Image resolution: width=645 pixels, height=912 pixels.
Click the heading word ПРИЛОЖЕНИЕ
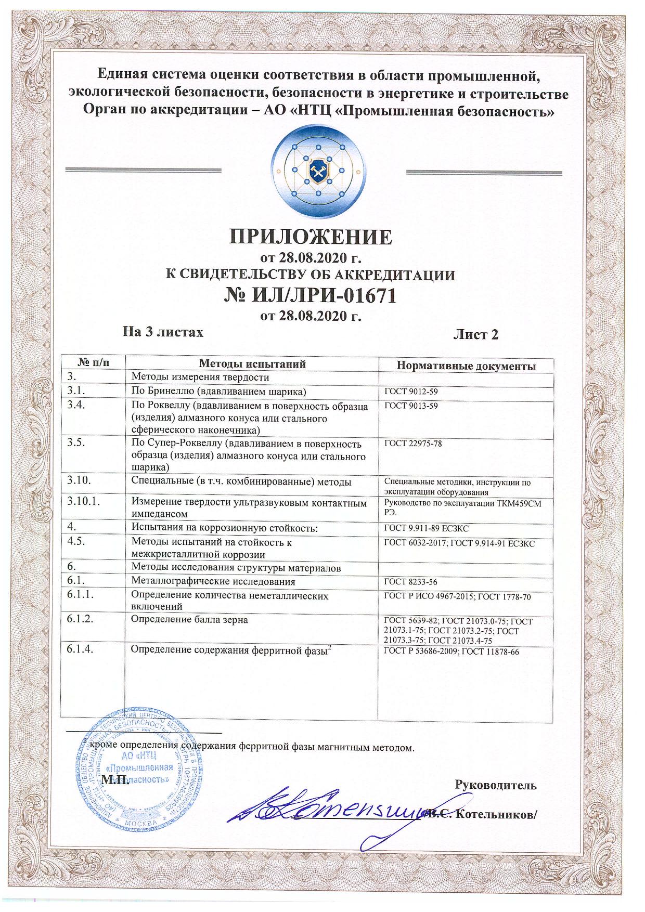tap(311, 237)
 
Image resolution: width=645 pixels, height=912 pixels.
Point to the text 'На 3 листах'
tap(162, 331)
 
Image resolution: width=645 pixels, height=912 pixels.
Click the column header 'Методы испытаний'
tap(252, 363)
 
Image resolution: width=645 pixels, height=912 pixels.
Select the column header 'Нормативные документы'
tap(466, 366)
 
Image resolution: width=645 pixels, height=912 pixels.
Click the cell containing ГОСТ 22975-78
tap(413, 444)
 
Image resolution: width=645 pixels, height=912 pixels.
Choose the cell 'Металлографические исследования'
tap(213, 581)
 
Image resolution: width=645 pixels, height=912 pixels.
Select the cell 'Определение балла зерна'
tap(189, 620)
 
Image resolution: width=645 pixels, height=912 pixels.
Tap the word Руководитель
tap(495, 785)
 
